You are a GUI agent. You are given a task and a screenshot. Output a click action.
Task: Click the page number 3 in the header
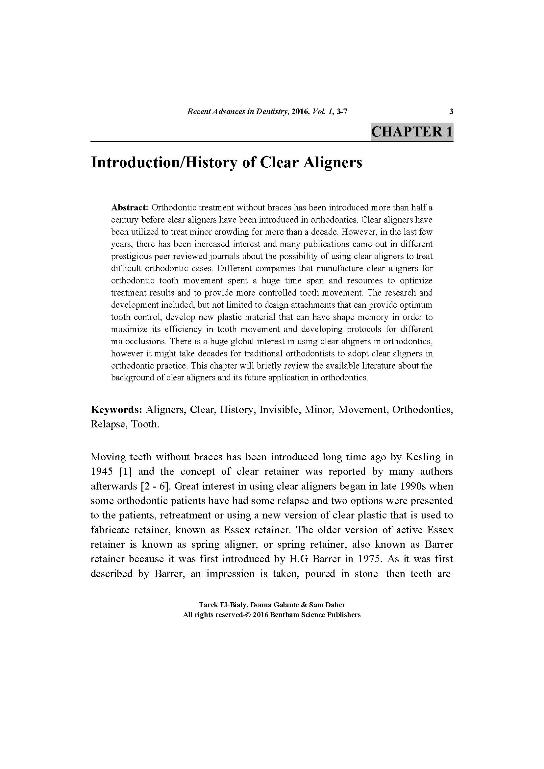tap(451, 111)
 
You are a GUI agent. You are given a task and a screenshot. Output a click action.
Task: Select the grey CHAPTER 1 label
tap(412, 131)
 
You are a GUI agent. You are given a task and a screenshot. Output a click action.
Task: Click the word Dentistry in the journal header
tap(271, 111)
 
